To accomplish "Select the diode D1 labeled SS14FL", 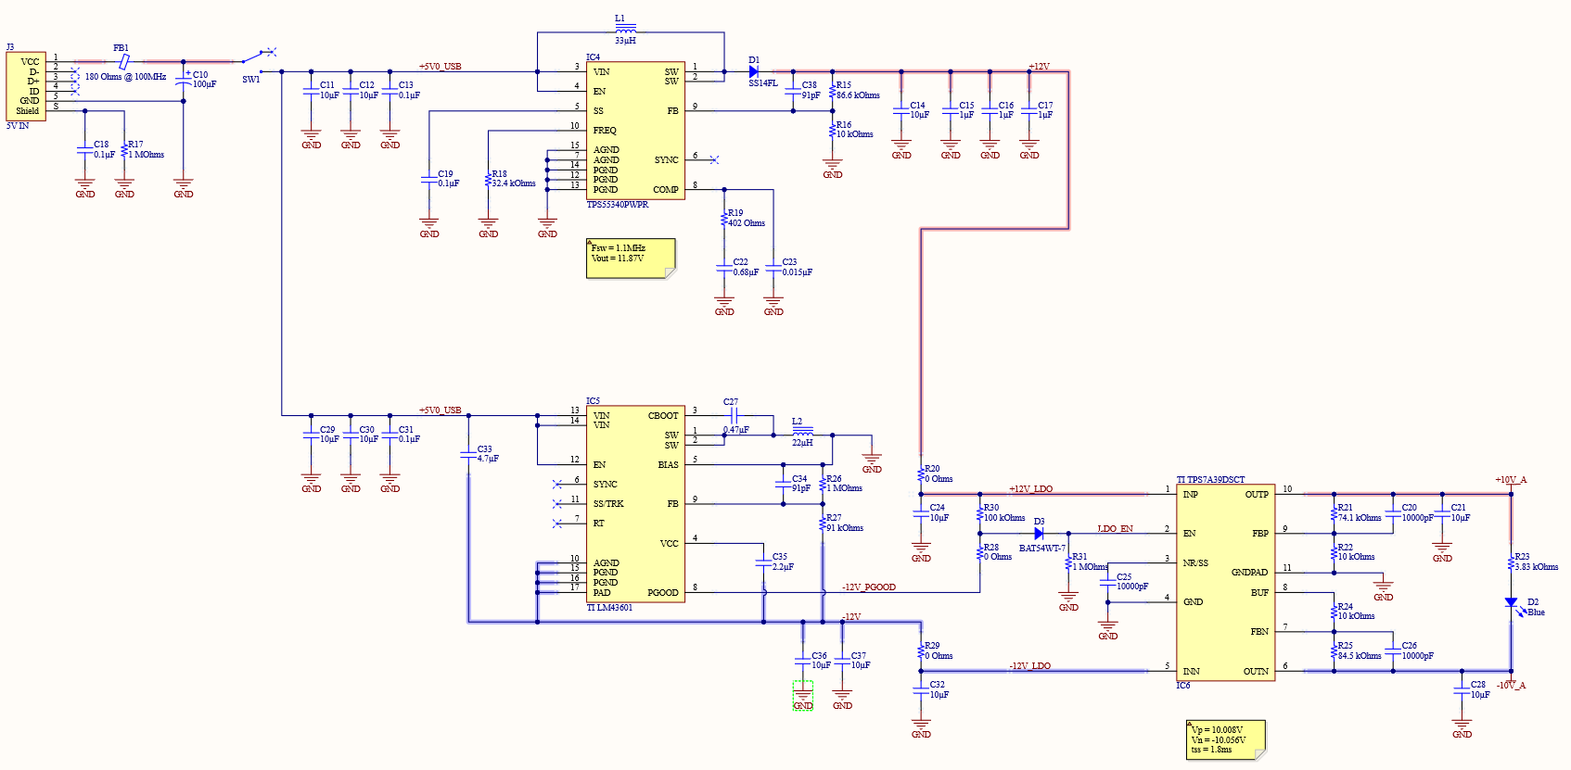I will click(x=753, y=71).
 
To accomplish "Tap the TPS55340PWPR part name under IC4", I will click(x=618, y=205).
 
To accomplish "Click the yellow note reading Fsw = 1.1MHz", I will click(x=630, y=258).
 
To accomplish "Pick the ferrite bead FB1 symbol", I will click(x=122, y=61).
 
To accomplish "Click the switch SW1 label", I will click(x=250, y=80).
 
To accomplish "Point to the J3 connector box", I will click(x=26, y=86).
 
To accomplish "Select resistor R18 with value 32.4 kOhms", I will click(x=488, y=180).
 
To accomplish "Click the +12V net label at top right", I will click(x=1039, y=67).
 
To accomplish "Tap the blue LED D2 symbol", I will click(x=1511, y=603).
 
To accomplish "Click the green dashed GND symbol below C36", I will click(x=803, y=696).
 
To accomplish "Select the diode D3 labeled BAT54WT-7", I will click(x=1039, y=534).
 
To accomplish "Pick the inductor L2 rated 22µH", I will click(x=802, y=432).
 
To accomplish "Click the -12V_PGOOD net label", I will click(x=869, y=587).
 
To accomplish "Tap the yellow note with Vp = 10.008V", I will click(x=1224, y=739).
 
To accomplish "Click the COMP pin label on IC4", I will click(x=665, y=190).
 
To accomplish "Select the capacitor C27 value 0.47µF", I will click(x=736, y=430).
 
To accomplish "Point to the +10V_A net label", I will click(x=1510, y=480).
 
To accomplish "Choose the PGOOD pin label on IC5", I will click(x=662, y=593).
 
